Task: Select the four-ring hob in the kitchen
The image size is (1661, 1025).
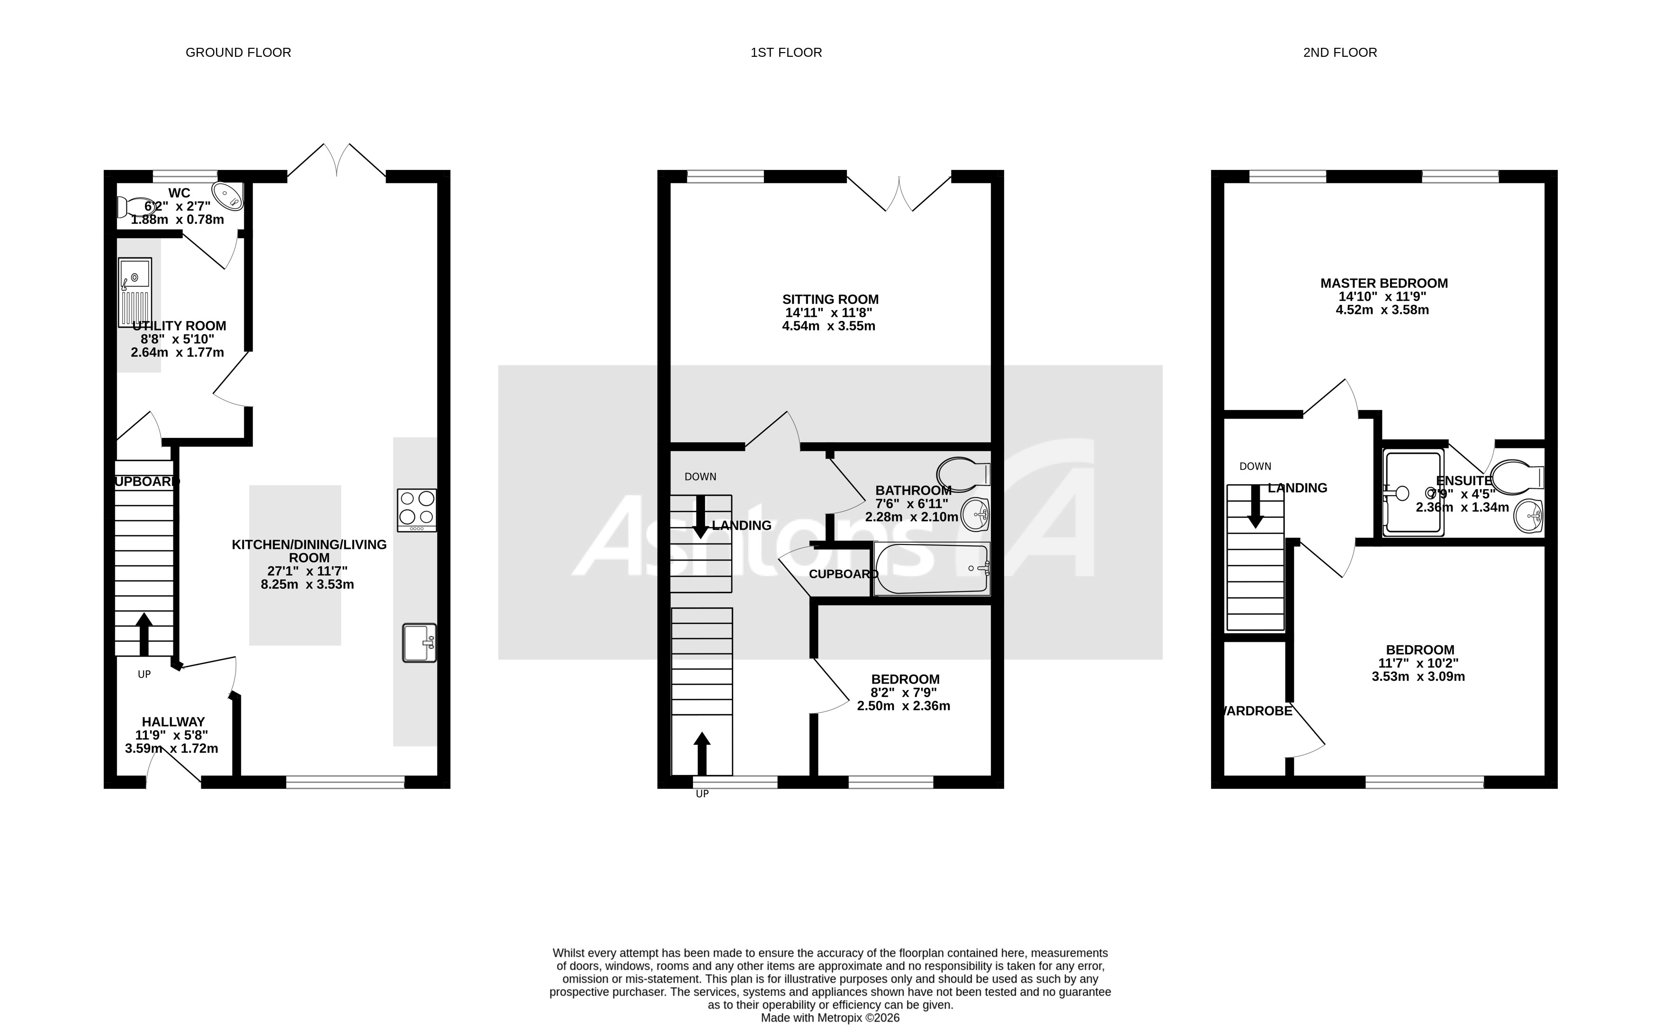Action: click(416, 510)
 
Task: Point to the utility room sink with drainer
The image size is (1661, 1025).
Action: click(135, 292)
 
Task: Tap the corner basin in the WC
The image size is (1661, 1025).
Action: click(228, 195)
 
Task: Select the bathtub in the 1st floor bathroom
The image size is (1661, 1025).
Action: click(932, 568)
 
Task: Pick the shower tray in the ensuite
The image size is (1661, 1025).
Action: click(1413, 491)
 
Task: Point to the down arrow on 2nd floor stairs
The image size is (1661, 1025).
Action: click(1255, 507)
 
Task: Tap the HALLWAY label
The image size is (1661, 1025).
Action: click(173, 722)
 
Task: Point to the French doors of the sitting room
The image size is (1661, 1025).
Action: click(899, 193)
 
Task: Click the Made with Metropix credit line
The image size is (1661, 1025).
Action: click(830, 1017)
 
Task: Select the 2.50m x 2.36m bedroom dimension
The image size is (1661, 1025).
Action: click(903, 706)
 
